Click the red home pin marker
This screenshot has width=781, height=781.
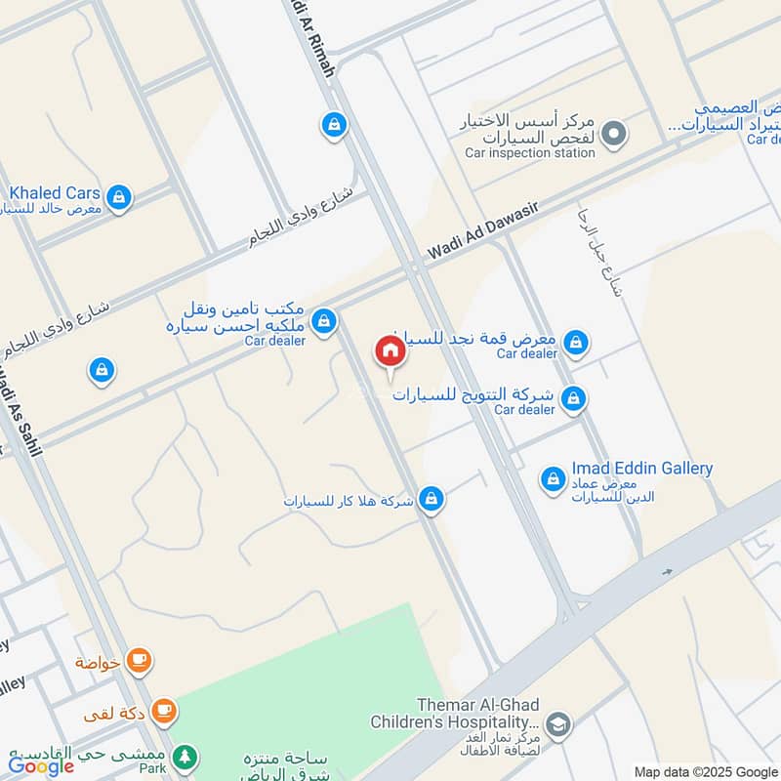point(390,350)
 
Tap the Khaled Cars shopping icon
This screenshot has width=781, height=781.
point(118,198)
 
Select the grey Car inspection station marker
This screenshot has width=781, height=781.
point(613,133)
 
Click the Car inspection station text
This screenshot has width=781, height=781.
point(529,153)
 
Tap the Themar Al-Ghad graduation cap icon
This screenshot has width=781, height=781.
point(558,723)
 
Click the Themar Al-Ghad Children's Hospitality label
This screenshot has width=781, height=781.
point(454,714)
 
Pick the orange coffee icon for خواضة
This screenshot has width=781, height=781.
point(139,662)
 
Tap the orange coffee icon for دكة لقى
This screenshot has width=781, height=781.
point(164,712)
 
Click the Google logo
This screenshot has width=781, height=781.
point(41,765)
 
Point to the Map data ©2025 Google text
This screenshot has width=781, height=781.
point(705,771)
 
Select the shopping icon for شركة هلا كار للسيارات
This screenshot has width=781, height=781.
point(432,500)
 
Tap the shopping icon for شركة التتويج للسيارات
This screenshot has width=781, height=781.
point(575,397)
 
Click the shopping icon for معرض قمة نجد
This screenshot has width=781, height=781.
point(577,342)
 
